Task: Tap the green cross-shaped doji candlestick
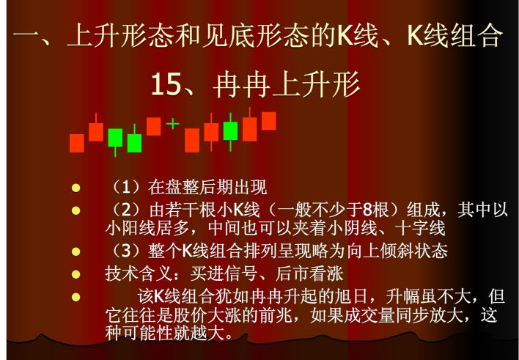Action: click(x=172, y=123)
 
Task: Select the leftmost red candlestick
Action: click(x=76, y=142)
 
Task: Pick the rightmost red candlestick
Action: click(x=269, y=120)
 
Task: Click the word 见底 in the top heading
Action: click(x=216, y=34)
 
